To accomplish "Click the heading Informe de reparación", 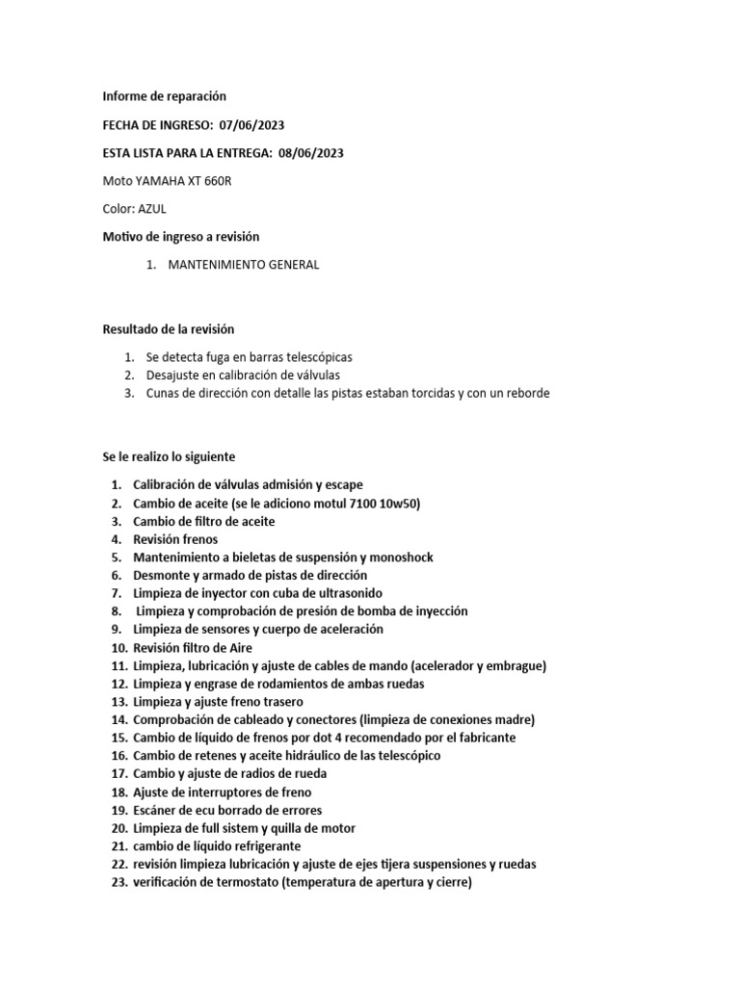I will pyautogui.click(x=164, y=96).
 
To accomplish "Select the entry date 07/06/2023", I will pyautogui.click(x=251, y=125).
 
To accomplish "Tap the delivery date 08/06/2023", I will pyautogui.click(x=310, y=153).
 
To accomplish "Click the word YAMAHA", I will pyautogui.click(x=162, y=181).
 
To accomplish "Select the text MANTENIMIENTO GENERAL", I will pyautogui.click(x=244, y=265).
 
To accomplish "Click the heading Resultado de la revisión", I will pyautogui.click(x=169, y=329).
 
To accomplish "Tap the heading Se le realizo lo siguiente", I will pyautogui.click(x=169, y=456).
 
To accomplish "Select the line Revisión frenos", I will pyautogui.click(x=175, y=539).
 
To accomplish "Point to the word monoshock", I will pyautogui.click(x=402, y=558).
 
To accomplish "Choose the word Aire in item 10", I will pyautogui.click(x=239, y=648).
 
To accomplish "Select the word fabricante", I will pyautogui.click(x=482, y=738).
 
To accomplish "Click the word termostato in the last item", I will pyautogui.click(x=243, y=882).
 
